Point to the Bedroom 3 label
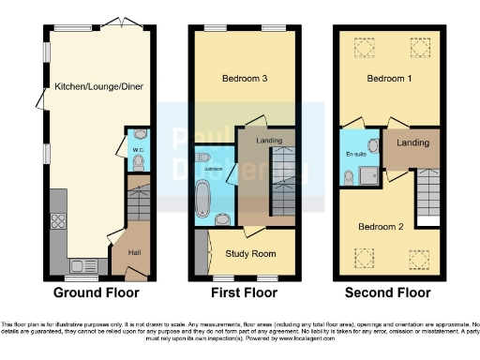[x=243, y=79]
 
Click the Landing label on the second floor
[x=412, y=143]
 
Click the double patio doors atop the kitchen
[x=115, y=22]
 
